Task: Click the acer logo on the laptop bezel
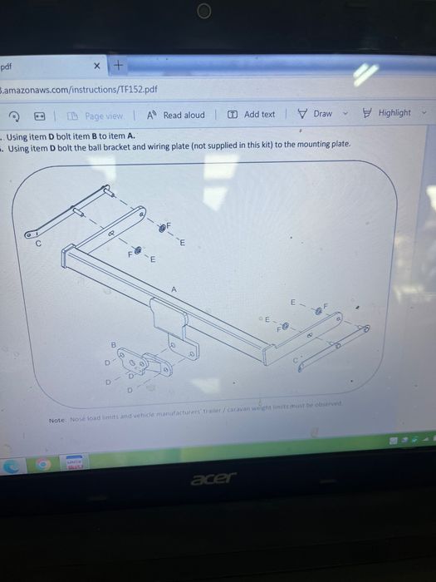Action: [x=214, y=477]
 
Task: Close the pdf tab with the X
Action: [x=97, y=66]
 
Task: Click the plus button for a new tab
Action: [x=118, y=65]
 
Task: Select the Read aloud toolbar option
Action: [x=177, y=116]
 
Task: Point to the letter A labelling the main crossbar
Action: [x=174, y=289]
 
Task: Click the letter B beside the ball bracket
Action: [x=114, y=344]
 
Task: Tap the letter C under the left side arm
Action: [x=38, y=244]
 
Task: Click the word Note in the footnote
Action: [x=57, y=421]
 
